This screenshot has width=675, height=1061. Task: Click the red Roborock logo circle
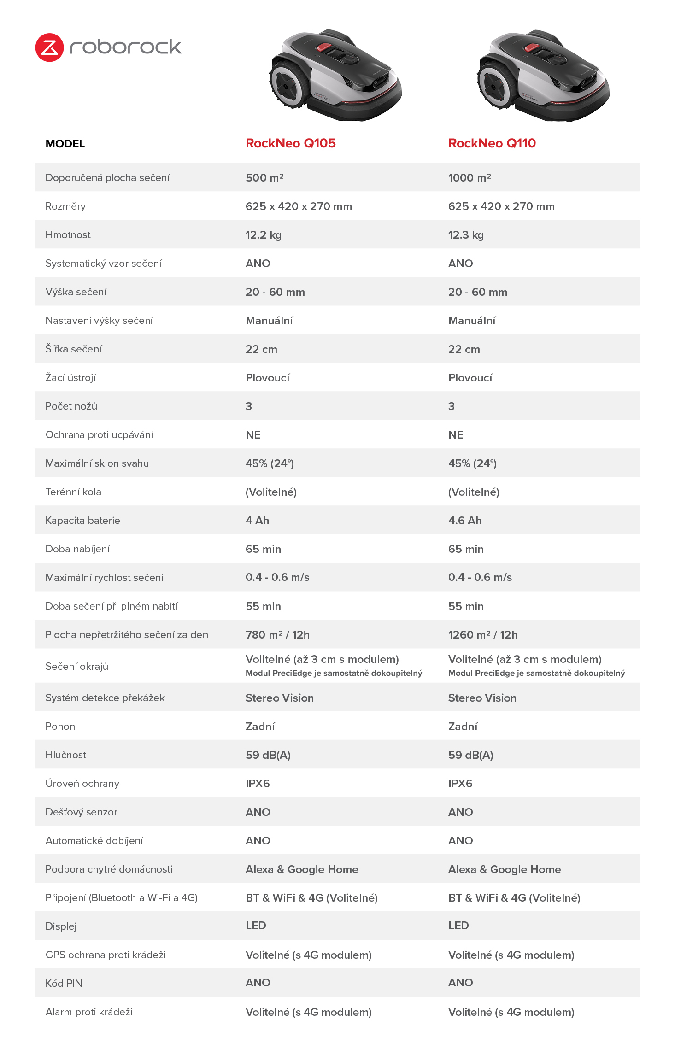[x=49, y=47]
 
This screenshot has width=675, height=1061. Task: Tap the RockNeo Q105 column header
[x=290, y=143]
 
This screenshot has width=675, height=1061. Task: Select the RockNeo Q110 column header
[x=492, y=143]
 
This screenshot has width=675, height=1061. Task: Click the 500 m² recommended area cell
[x=264, y=178]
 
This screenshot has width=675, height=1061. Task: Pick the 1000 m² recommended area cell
[x=469, y=178]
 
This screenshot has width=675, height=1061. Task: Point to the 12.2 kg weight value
[x=263, y=235]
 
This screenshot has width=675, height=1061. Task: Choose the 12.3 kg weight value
[x=465, y=235]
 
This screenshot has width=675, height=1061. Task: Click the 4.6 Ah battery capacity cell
[x=464, y=521]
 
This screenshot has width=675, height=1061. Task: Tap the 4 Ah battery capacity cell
[x=257, y=521]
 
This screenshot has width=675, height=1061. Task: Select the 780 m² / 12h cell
[x=277, y=635]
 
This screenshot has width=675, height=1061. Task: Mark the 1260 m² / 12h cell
[x=482, y=635]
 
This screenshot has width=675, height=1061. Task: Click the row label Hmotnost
[x=68, y=235]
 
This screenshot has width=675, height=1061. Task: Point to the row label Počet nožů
[x=71, y=406]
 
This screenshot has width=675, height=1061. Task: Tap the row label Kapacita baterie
[x=82, y=521]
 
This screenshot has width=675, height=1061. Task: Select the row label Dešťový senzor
[x=81, y=812]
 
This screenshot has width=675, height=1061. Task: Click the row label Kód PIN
[x=64, y=984]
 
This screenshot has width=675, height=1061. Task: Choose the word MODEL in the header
[x=65, y=144]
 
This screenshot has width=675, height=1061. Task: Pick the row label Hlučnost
[x=65, y=755]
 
